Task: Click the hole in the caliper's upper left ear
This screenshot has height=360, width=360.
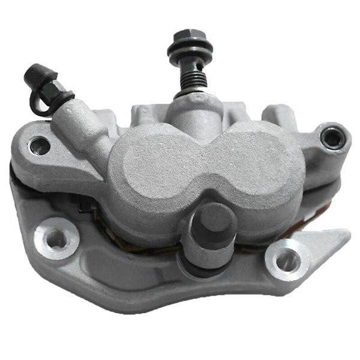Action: [40, 144]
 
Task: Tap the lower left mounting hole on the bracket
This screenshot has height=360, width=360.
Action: [56, 239]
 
